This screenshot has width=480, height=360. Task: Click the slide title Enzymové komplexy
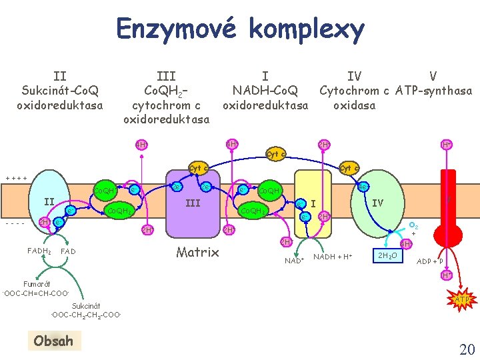[240, 29]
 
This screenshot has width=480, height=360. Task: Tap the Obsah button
[53, 341]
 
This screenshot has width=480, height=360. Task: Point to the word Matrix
[198, 252]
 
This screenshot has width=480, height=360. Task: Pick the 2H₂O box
[388, 256]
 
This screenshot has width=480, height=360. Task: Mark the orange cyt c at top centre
[276, 153]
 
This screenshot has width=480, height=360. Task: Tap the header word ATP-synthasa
[434, 91]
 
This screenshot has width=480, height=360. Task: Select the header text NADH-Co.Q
[266, 91]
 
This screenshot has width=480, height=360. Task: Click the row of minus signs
[15, 223]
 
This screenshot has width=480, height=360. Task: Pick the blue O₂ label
[413, 227]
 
